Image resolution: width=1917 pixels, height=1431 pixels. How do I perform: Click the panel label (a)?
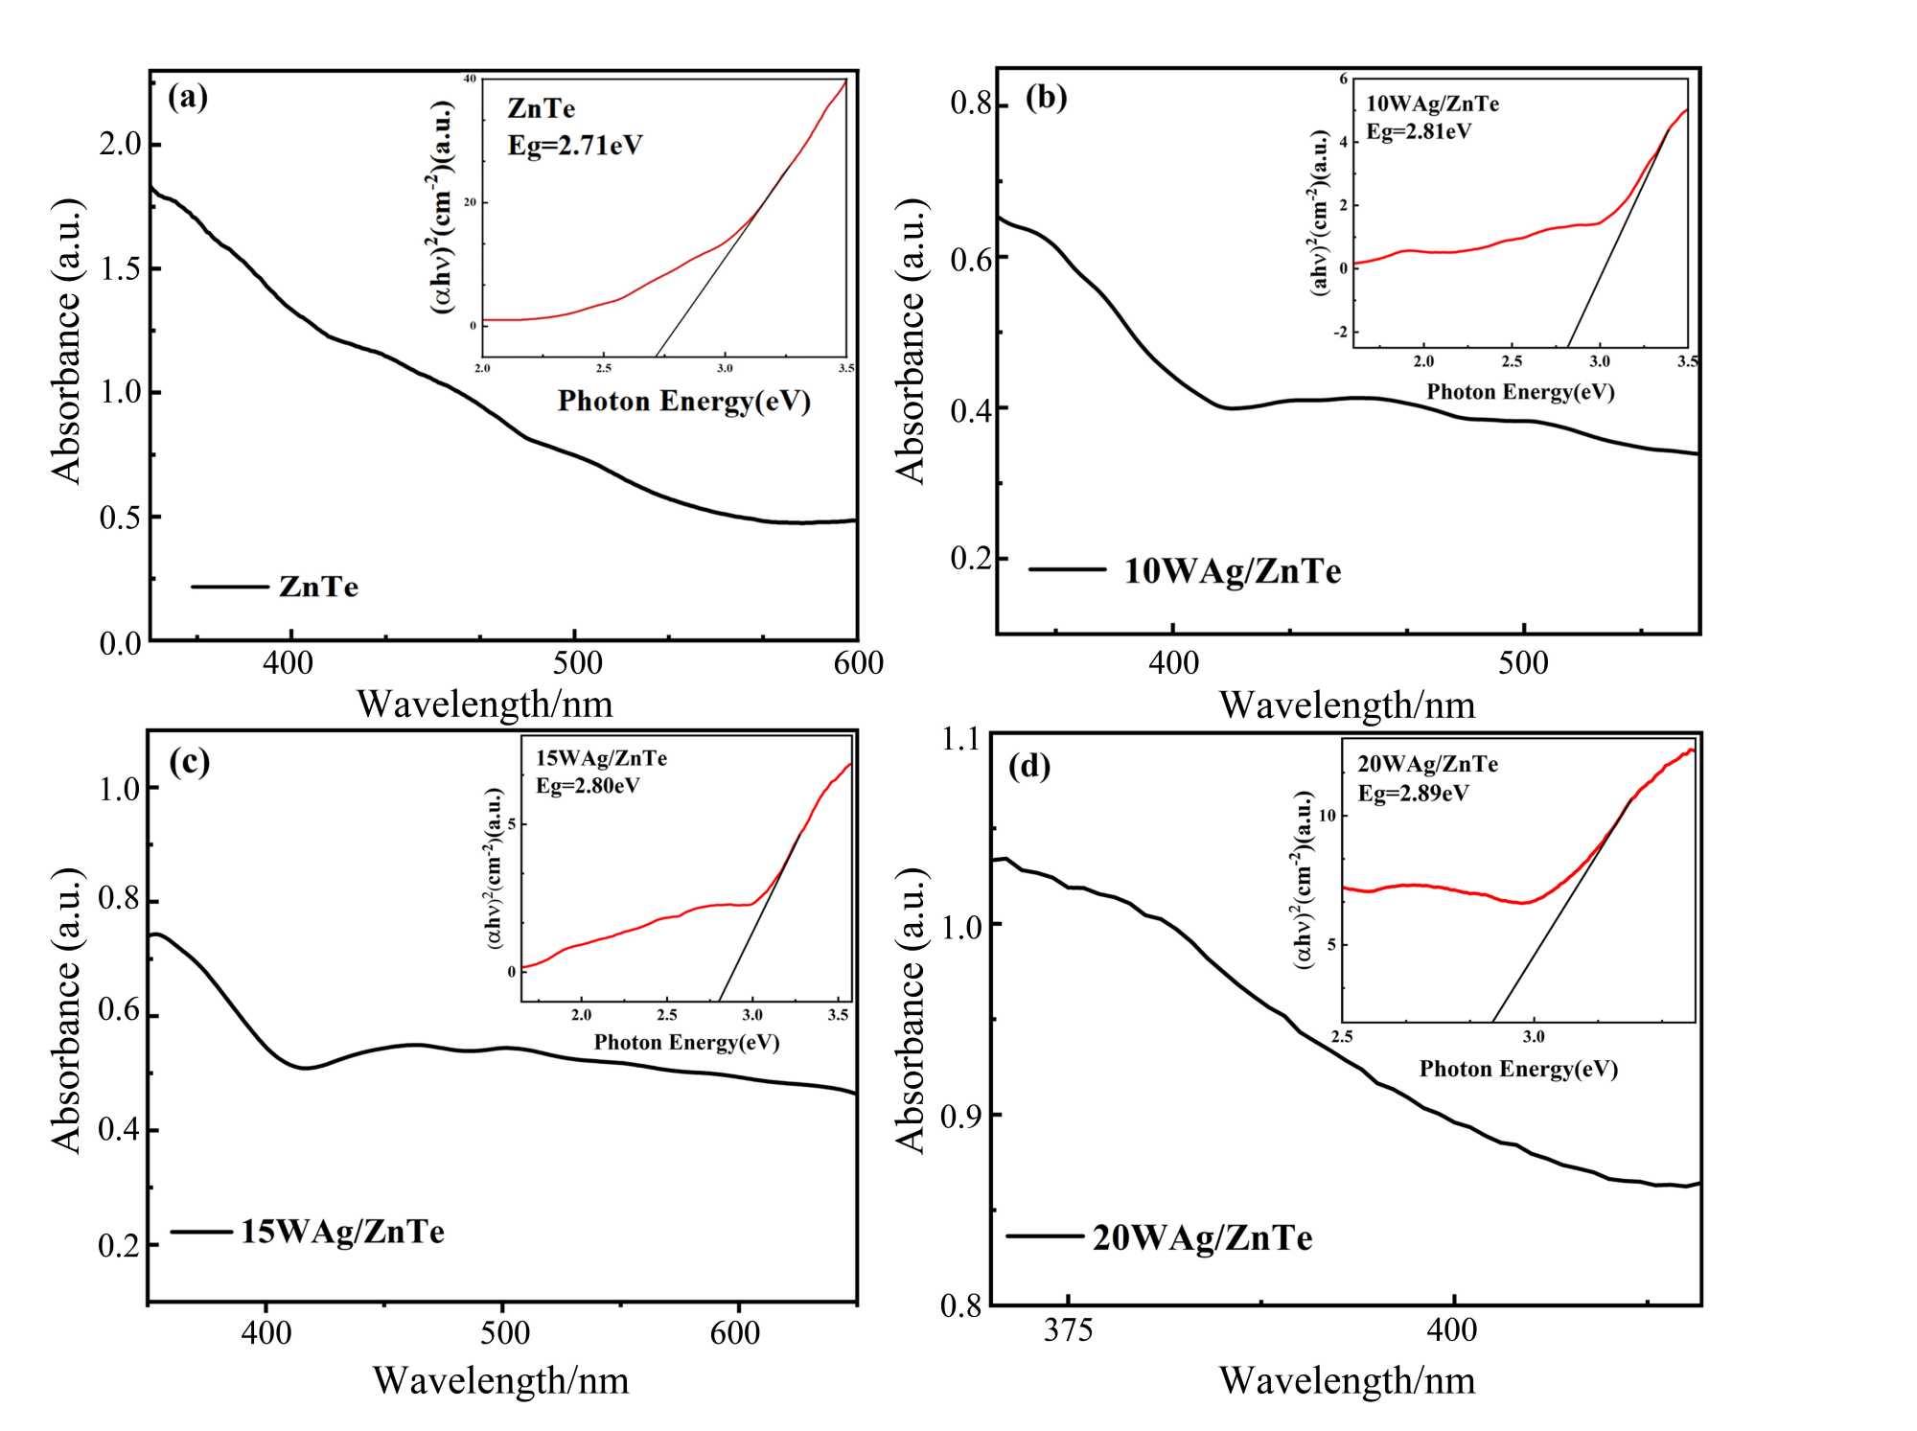click(188, 97)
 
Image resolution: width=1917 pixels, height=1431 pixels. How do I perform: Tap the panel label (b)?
click(1046, 97)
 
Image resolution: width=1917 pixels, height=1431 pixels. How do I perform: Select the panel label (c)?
click(189, 762)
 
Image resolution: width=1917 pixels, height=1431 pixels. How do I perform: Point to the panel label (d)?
click(1029, 767)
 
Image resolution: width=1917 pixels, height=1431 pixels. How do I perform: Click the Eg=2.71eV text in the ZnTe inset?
click(575, 146)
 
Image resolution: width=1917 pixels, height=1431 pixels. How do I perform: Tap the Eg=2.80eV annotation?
click(588, 786)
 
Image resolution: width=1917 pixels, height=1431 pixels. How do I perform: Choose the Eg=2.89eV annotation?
click(1413, 794)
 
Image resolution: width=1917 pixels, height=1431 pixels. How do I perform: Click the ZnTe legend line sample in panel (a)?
click(230, 587)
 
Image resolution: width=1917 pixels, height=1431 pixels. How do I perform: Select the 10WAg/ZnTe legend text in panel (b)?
click(1233, 571)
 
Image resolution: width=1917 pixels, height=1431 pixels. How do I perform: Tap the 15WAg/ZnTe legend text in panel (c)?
click(342, 1232)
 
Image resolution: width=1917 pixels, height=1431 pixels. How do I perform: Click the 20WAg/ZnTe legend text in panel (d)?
click(1203, 1238)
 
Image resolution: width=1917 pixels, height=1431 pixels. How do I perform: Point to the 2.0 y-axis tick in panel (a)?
click(120, 145)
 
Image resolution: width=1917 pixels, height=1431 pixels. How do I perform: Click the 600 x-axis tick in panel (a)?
click(859, 663)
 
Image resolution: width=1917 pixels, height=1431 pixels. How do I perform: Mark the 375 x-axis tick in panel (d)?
click(1068, 1330)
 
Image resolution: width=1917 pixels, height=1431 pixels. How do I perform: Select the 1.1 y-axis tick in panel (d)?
click(961, 739)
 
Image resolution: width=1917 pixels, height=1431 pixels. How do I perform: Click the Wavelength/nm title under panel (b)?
click(1347, 705)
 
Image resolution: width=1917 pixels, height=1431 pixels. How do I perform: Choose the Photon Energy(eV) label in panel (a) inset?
click(684, 401)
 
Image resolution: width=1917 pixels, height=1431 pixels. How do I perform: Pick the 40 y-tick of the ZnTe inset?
click(470, 79)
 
